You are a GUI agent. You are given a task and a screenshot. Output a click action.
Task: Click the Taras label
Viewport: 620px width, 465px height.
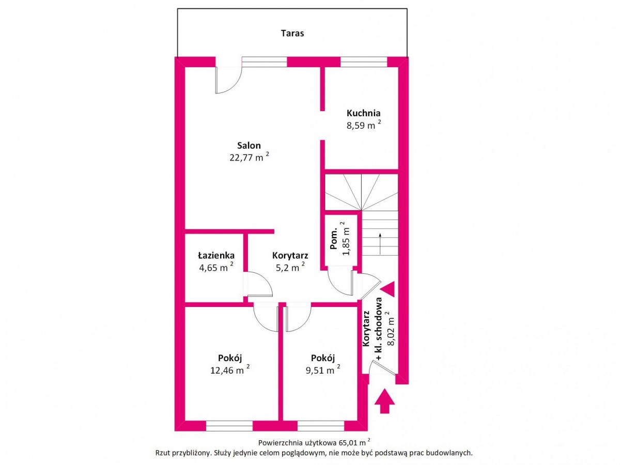tap(292, 33)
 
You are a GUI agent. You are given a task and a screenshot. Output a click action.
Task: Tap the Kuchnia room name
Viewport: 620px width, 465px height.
tap(363, 113)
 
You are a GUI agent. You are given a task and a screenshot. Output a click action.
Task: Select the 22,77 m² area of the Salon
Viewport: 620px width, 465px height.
tap(249, 157)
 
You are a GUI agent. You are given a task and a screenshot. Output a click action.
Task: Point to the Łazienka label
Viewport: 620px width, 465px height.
tap(216, 255)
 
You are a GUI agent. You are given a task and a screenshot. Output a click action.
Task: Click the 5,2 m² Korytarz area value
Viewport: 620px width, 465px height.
tap(290, 267)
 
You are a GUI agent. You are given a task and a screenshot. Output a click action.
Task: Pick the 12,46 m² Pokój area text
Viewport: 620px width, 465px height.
tap(229, 369)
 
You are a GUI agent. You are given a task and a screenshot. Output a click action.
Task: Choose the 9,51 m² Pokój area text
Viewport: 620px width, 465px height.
tap(322, 369)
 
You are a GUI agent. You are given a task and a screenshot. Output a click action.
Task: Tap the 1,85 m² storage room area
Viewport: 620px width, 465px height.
tap(346, 239)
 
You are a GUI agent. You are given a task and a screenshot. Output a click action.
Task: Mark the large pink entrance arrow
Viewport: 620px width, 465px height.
tap(384, 401)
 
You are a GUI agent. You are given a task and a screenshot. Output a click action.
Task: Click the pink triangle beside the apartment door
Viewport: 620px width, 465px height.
tap(388, 289)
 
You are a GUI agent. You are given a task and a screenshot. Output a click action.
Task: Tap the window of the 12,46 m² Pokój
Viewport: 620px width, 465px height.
tap(229, 426)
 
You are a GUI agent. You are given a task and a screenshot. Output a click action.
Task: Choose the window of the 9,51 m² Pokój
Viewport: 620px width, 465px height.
tap(321, 426)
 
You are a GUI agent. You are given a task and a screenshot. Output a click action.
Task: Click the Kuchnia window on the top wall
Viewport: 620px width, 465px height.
tap(364, 62)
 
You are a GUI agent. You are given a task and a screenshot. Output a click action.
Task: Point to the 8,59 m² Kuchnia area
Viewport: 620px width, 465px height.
tap(363, 125)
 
